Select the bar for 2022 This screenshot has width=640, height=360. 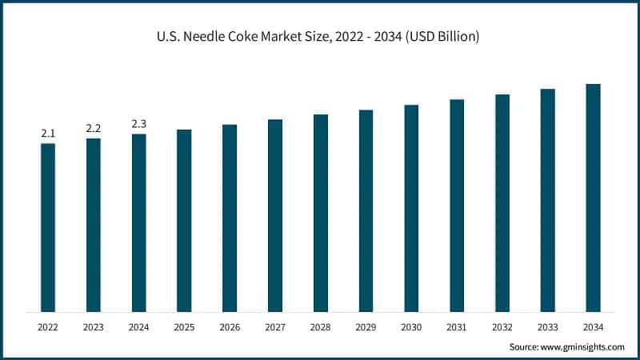(48, 227)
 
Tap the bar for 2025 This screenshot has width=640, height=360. (184, 220)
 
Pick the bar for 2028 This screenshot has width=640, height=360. (320, 213)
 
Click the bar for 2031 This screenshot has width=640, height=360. (457, 206)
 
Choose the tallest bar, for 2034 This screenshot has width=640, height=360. (593, 198)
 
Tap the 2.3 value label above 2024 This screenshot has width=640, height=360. (139, 124)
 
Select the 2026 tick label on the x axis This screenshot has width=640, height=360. (230, 327)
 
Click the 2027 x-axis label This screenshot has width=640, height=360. (275, 327)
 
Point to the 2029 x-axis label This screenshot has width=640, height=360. (366, 327)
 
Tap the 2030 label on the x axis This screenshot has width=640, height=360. (411, 327)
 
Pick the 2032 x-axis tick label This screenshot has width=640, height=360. (502, 327)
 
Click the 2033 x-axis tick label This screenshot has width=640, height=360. (547, 327)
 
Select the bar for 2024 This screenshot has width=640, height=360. (139, 222)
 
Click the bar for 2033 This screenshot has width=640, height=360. (547, 200)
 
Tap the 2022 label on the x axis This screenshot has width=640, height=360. (48, 327)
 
